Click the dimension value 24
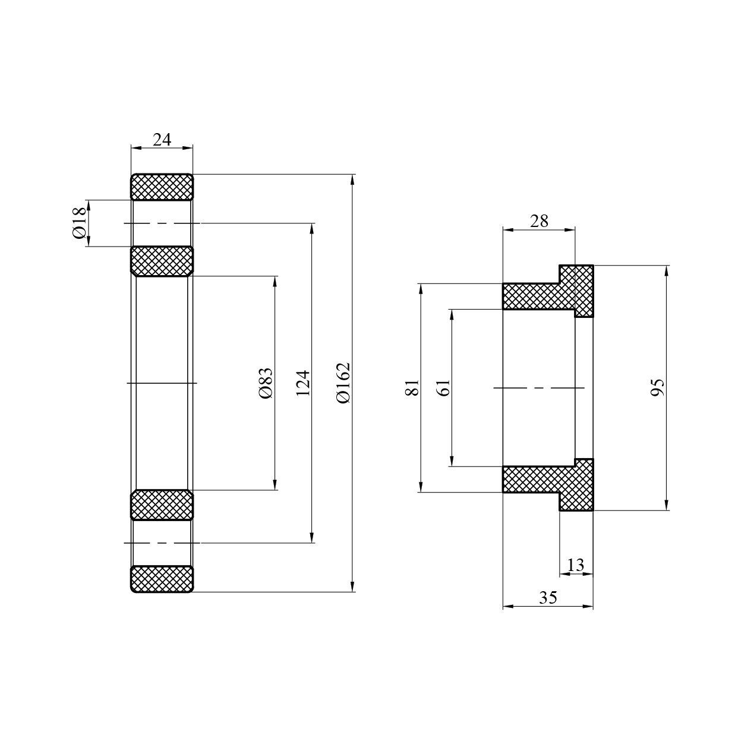click(162, 140)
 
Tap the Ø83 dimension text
click(265, 383)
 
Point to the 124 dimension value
click(303, 383)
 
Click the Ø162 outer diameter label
click(343, 383)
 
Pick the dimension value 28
click(539, 221)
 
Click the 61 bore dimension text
click(443, 387)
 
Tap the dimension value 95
click(657, 387)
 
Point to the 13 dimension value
click(576, 565)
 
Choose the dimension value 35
click(548, 598)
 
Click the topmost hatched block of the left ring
click(162, 187)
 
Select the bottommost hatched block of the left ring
click(162, 579)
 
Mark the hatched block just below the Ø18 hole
click(162, 261)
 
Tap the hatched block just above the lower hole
click(162, 505)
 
